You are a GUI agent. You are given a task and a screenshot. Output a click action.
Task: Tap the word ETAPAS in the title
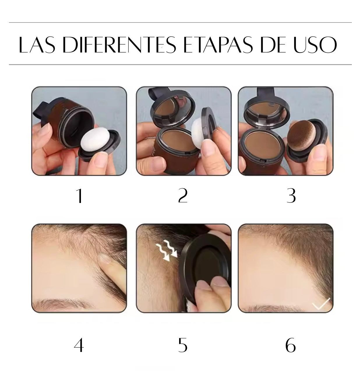218,45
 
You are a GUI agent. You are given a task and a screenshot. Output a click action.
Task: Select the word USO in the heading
315,45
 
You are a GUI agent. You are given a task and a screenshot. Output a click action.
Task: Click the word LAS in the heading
37,45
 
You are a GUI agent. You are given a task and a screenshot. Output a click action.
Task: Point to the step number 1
80,196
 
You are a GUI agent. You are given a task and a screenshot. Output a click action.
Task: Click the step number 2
183,195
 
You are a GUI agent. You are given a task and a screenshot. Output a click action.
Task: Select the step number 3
291,195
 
